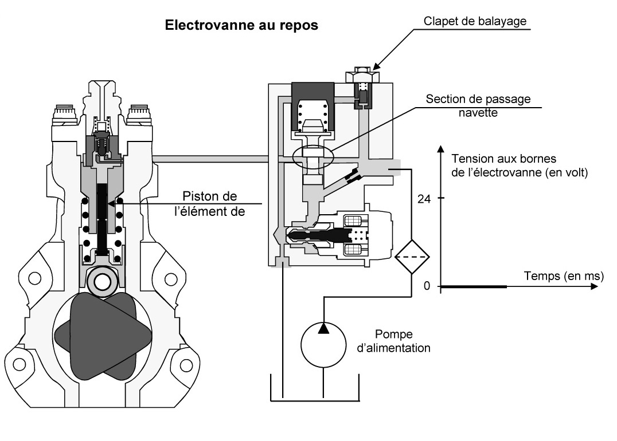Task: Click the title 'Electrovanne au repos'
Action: (241, 26)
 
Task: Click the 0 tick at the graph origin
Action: (426, 286)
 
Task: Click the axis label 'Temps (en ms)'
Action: (563, 276)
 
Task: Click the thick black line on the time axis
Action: (474, 286)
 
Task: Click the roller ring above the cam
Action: (103, 281)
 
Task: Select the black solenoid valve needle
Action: (321, 235)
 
